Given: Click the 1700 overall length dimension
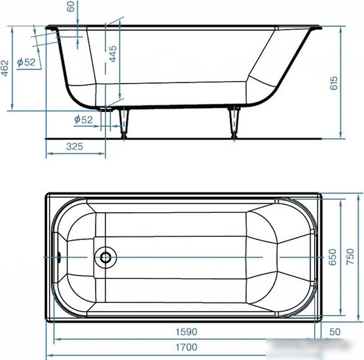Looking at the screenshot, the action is (186, 347).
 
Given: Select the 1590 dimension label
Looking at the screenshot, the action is (186, 332).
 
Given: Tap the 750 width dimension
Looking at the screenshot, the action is (350, 257).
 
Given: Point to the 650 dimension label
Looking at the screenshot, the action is (333, 257).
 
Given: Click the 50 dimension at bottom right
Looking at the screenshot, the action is (335, 332).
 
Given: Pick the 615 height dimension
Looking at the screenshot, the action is (334, 83).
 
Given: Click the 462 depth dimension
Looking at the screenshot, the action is (5, 68).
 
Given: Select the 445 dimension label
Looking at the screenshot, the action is (113, 54).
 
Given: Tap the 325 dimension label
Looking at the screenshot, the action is (74, 147).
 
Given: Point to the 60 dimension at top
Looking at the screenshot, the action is (70, 7).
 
